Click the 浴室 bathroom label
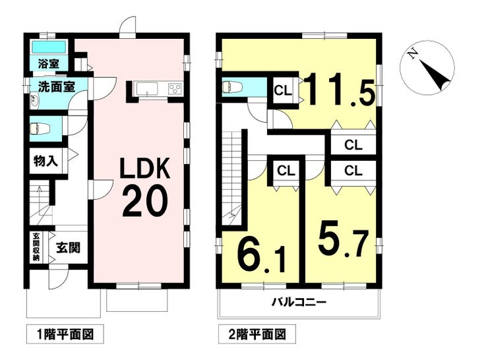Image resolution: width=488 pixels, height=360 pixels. [x=48, y=64]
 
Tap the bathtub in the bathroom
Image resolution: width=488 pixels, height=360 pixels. [x=49, y=47]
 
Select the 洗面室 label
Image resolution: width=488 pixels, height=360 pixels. [x=56, y=87]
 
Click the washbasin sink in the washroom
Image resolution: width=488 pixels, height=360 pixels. [x=34, y=100]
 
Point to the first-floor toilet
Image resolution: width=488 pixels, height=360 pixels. [x=40, y=128]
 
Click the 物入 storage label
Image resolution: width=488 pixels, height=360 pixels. [x=46, y=161]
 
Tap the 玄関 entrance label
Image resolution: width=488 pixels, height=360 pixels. [x=68, y=248]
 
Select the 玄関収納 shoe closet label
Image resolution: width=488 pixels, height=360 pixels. [x=36, y=247]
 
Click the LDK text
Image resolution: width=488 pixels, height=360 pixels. [x=145, y=168]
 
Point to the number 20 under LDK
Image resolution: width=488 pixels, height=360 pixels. [x=145, y=200]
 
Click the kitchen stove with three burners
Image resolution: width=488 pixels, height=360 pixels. [x=175, y=88]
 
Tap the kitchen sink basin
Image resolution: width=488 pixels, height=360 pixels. [x=146, y=88]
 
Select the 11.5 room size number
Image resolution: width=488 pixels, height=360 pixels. [x=338, y=89]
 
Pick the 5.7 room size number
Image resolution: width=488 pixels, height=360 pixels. [x=343, y=239]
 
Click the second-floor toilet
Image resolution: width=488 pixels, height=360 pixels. [x=233, y=87]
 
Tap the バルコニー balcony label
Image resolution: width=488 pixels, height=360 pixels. [x=299, y=302]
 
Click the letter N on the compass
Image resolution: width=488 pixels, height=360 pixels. [x=413, y=55]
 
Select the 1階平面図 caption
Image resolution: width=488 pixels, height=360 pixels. [x=65, y=334]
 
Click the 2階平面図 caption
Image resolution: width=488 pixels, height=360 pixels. [x=257, y=334]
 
